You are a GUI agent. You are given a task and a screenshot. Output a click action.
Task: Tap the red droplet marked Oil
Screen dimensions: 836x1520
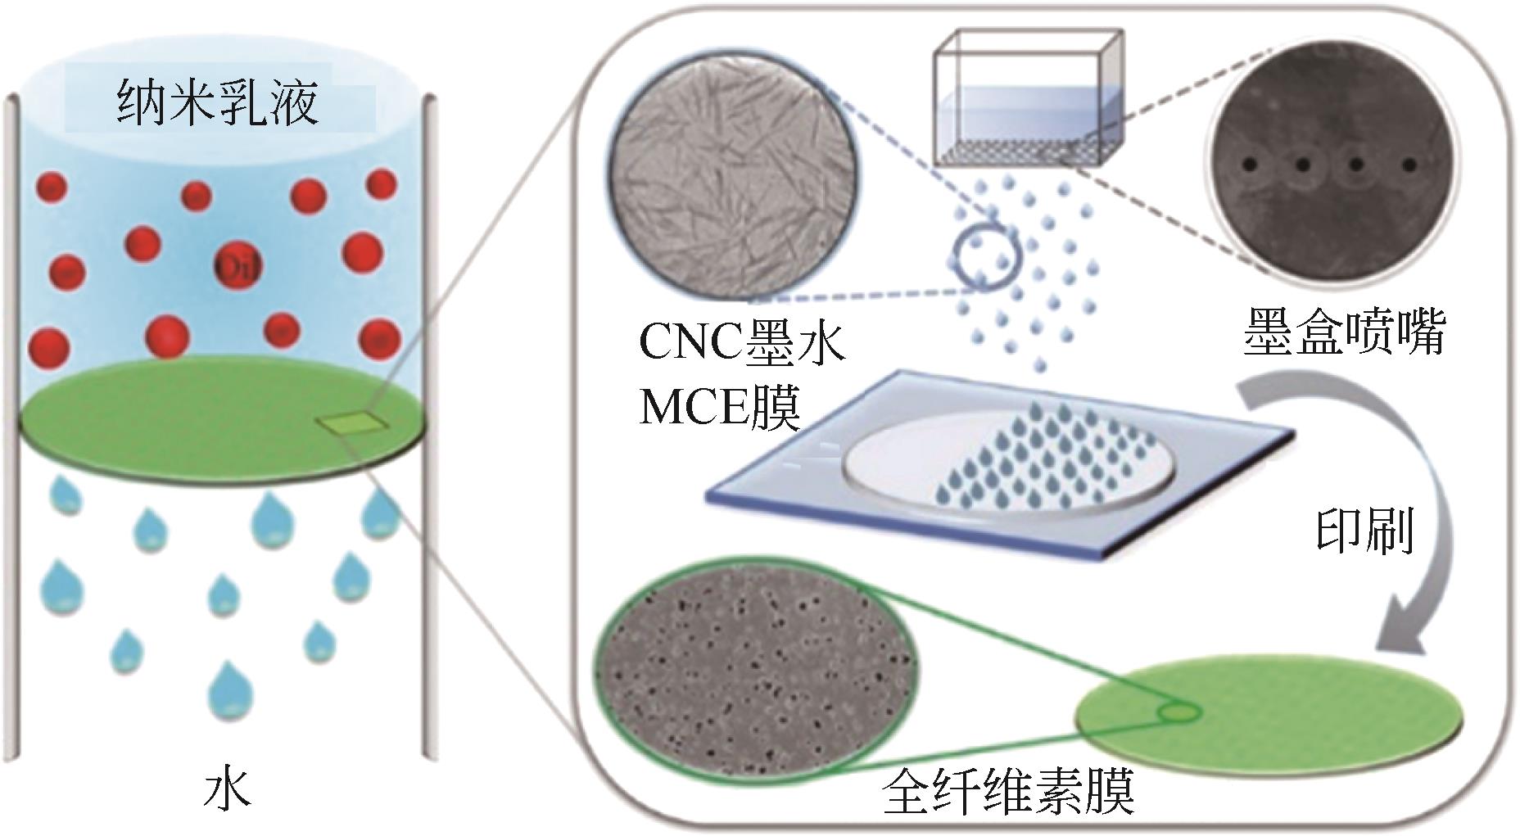coord(232,265)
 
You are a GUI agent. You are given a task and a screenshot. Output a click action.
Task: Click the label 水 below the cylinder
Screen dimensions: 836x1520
coord(227,789)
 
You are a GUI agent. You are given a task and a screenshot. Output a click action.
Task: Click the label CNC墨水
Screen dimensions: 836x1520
coord(741,342)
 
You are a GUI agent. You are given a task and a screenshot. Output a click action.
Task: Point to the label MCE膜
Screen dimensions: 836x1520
coord(718,407)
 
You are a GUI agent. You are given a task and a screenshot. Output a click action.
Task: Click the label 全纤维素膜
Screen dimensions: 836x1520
coord(1009,792)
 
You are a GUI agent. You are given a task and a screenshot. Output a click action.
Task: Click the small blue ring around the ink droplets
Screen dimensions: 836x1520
coord(988,257)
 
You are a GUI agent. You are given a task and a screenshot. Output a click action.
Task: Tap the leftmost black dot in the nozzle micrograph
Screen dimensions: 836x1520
coord(1249,165)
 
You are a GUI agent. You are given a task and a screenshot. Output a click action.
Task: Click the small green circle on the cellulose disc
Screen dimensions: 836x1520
coord(1177,714)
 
